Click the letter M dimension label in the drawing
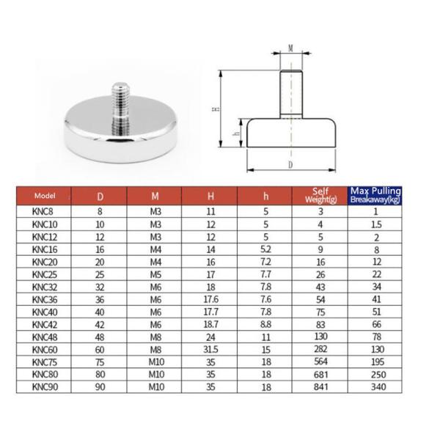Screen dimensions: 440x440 (x=290, y=48)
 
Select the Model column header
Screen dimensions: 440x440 (x=45, y=196)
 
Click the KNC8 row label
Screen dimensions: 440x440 (x=43, y=211)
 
